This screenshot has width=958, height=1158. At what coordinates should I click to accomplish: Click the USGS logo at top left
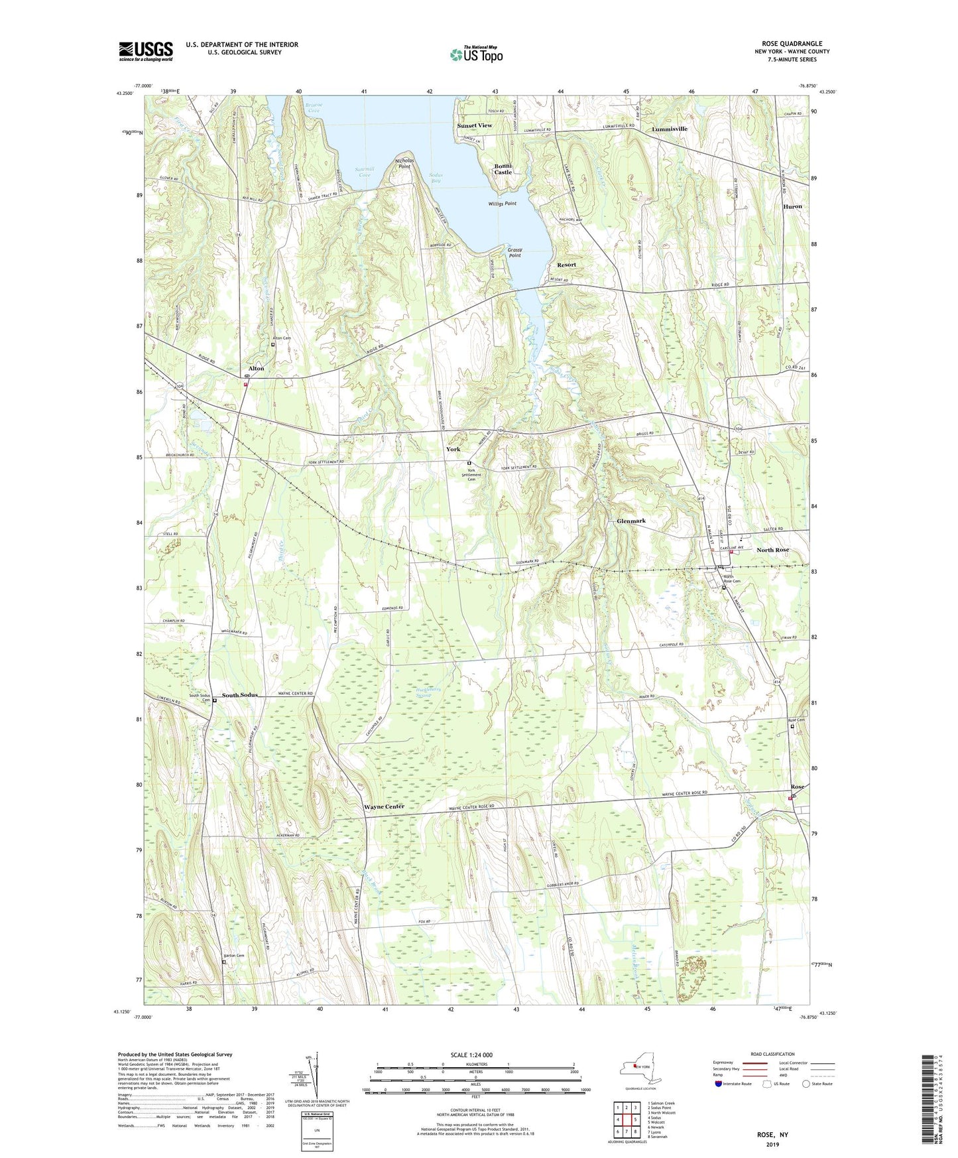pyautogui.click(x=146, y=51)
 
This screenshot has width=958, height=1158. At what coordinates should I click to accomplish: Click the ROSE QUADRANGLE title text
pyautogui.click(x=792, y=43)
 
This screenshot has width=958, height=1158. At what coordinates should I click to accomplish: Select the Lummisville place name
pyautogui.click(x=670, y=129)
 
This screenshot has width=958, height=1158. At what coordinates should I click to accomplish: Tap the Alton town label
pyautogui.click(x=256, y=368)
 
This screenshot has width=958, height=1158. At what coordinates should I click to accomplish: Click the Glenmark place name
pyautogui.click(x=631, y=521)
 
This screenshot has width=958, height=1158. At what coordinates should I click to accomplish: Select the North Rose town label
pyautogui.click(x=773, y=550)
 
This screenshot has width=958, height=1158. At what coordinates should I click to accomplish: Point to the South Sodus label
pyautogui.click(x=240, y=695)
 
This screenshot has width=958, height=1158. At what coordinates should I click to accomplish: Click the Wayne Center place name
pyautogui.click(x=384, y=806)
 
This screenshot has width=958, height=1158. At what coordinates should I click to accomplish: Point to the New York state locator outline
pyautogui.click(x=636, y=1068)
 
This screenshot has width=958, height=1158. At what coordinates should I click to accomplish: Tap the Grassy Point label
pyautogui.click(x=514, y=253)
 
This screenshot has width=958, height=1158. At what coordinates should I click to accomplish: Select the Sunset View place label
pyautogui.click(x=474, y=125)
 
